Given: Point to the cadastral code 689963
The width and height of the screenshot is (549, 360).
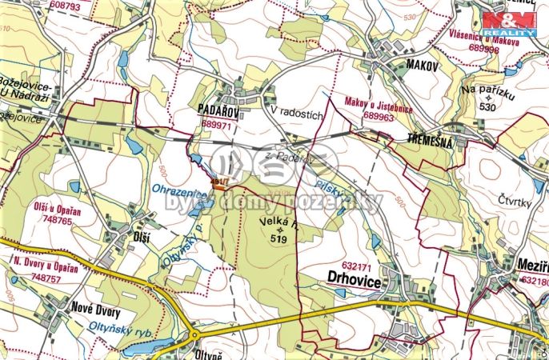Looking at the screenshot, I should pyautogui.click(x=379, y=116).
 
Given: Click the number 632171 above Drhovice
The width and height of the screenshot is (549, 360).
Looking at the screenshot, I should pyautogui.click(x=359, y=265).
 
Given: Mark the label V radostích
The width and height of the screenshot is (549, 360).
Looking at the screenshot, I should pyautogui.click(x=296, y=114).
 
